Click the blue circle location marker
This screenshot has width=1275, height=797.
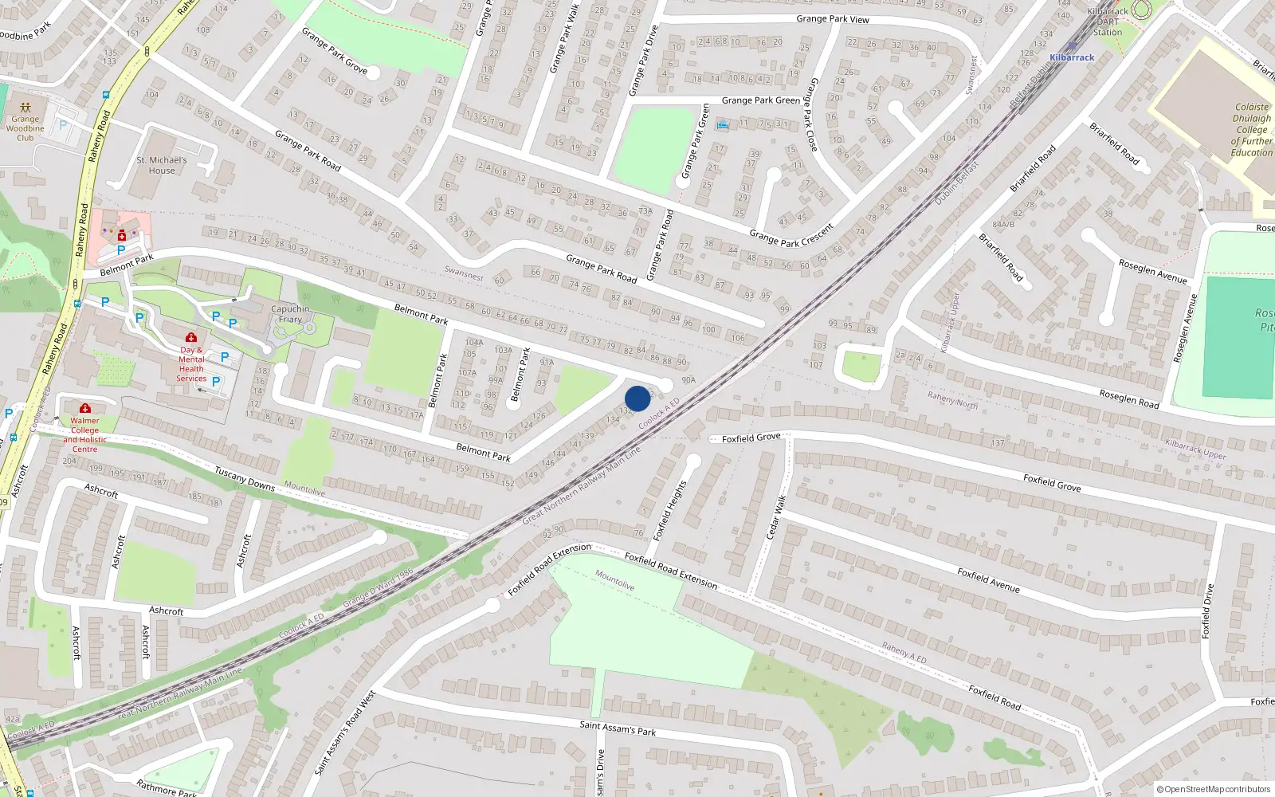pos(637,398)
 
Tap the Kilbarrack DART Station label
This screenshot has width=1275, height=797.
pos(1108,22)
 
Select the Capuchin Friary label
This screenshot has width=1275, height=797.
pos(290,314)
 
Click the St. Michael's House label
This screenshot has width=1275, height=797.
pos(162,165)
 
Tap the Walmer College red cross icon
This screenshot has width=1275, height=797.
pos(85,409)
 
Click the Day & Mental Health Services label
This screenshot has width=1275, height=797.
pos(191,363)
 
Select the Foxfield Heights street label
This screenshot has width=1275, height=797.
pos(669,511)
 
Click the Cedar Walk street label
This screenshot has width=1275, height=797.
pos(776,517)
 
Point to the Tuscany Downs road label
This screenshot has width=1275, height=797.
pos(245,479)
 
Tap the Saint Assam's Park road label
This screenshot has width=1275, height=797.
pos(618,728)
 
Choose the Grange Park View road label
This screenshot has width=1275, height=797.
pos(833,19)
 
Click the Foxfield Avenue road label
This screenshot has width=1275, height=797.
pos(988,580)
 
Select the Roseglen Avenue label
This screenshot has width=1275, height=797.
pos(1152,271)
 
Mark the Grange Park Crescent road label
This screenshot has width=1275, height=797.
pos(791,236)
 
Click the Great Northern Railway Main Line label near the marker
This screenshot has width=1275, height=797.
pos(582,485)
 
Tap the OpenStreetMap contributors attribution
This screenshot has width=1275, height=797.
pos(1214,789)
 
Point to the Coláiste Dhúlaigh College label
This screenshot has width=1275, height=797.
pos(1251,129)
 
